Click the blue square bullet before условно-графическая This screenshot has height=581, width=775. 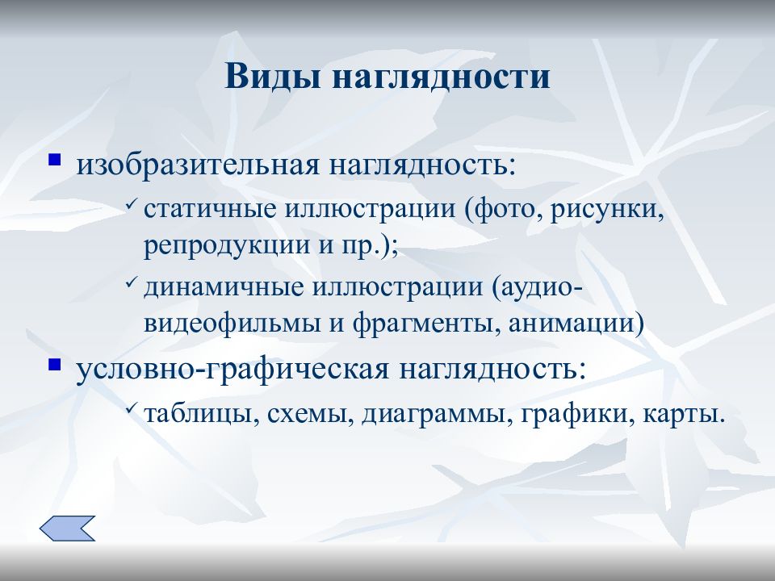[x=56, y=364]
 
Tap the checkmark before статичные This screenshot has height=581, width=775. [x=132, y=207]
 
